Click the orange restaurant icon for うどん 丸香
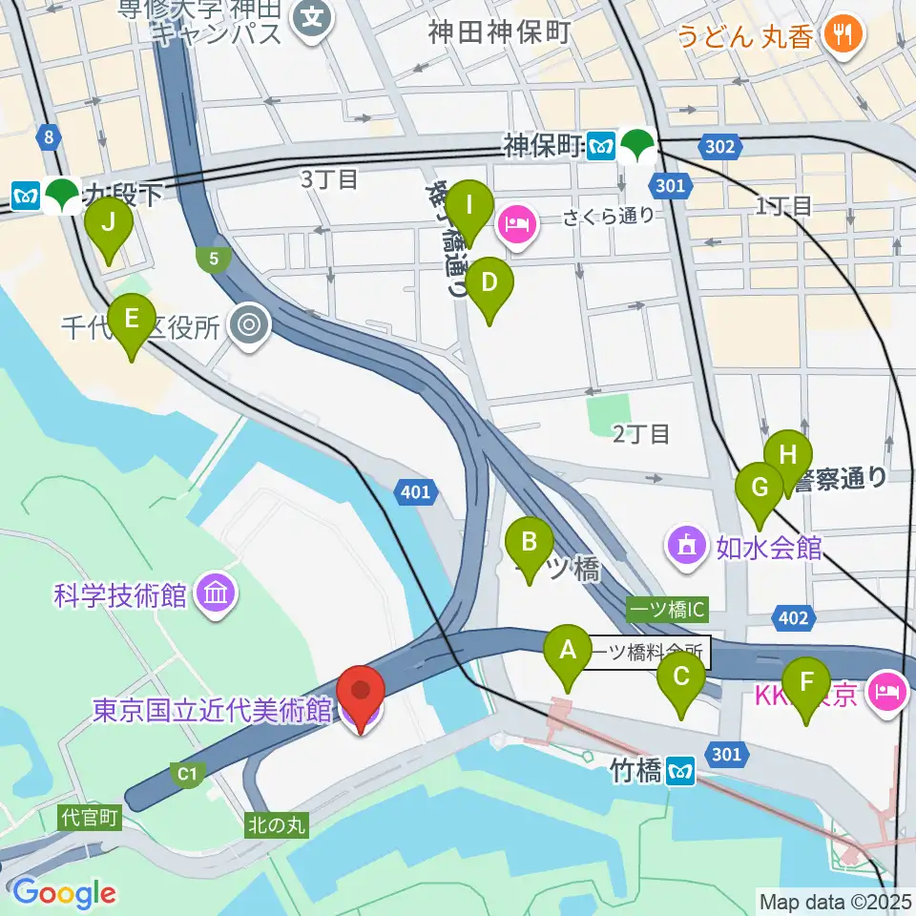843,35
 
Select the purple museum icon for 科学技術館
215,596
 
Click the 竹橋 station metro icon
680,769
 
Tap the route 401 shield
415,492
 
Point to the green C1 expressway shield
186,773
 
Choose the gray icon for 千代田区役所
250,327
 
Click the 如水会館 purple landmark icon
687,547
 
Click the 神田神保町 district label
499,32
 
